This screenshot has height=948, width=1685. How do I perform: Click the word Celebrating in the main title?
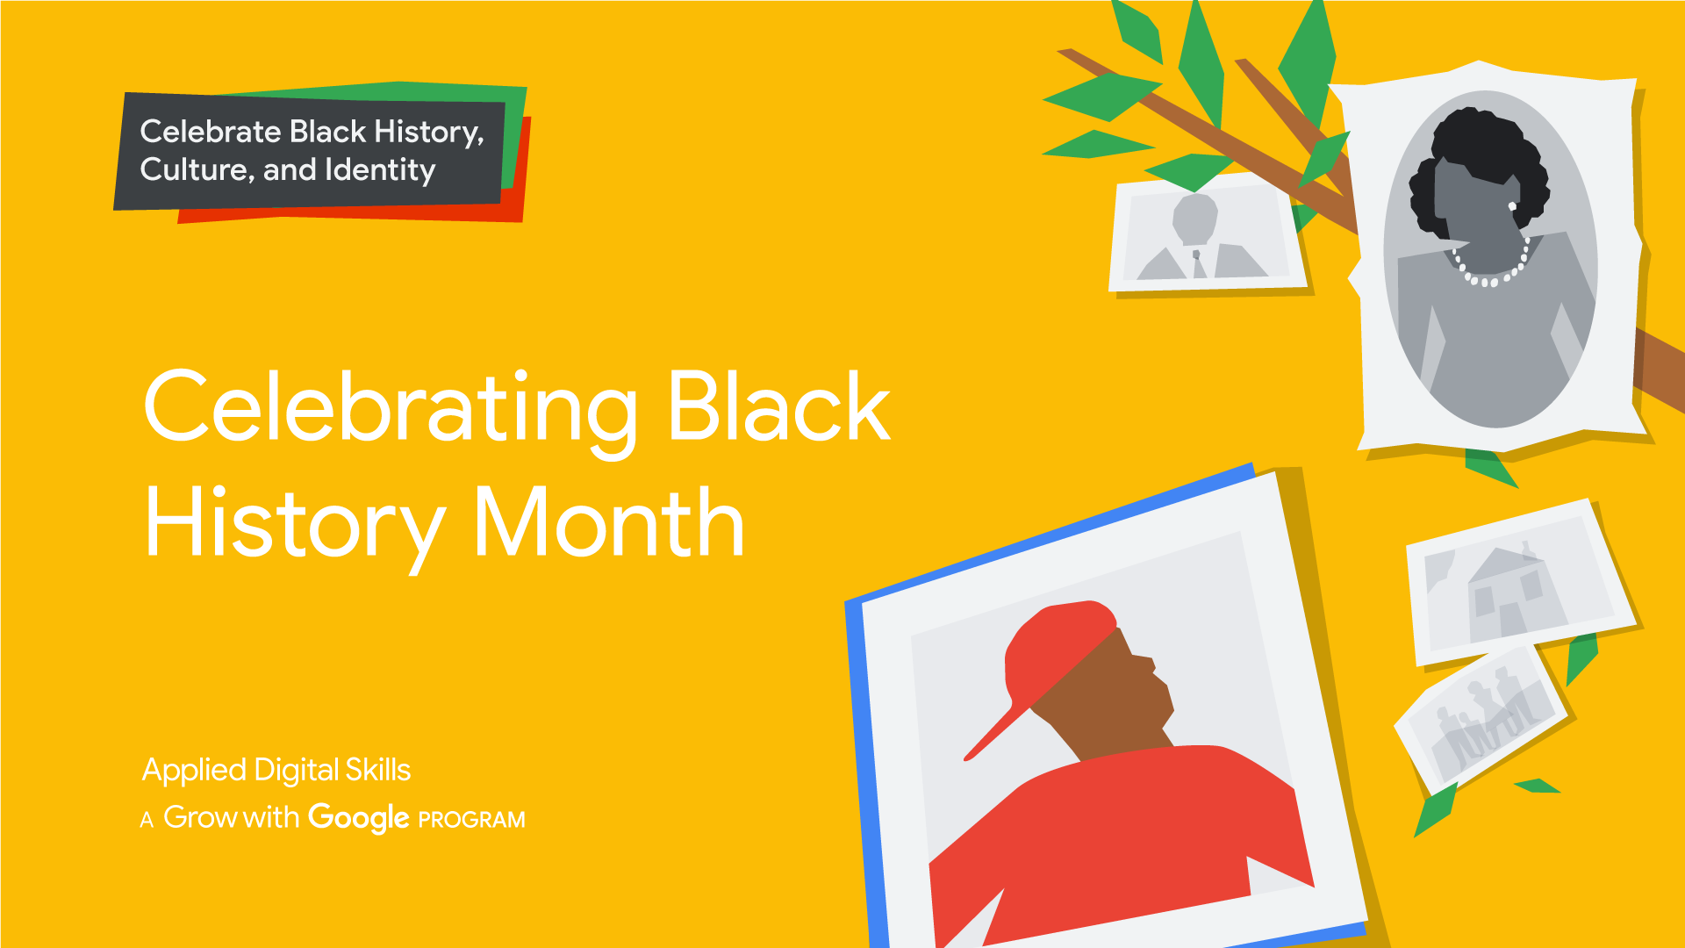tap(390, 408)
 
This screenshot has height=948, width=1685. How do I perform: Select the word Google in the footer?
tap(358, 817)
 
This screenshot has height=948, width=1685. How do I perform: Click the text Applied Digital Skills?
tap(276, 770)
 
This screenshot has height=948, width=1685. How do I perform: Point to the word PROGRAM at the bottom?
tap(471, 820)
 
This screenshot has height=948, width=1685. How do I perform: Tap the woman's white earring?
tap(1512, 206)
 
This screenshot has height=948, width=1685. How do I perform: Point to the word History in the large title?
tap(294, 524)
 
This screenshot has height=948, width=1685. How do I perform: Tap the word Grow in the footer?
tap(200, 817)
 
